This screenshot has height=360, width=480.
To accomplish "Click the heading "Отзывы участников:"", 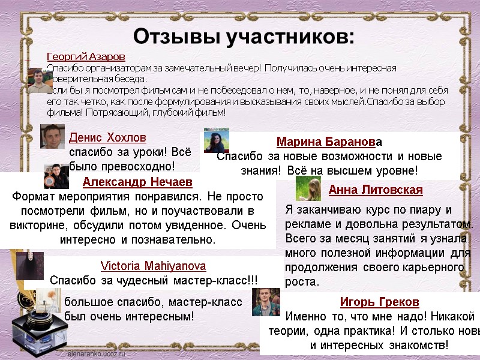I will (244, 37).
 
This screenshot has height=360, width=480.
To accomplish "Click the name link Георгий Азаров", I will (86, 56).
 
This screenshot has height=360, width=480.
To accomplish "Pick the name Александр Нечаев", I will (137, 181).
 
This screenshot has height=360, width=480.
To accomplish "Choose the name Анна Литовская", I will (376, 190).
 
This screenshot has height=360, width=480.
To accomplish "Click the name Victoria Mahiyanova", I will (153, 266).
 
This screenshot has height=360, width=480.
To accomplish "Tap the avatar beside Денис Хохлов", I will (52, 136).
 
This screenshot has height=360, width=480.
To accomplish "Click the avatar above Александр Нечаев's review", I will (56, 176).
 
